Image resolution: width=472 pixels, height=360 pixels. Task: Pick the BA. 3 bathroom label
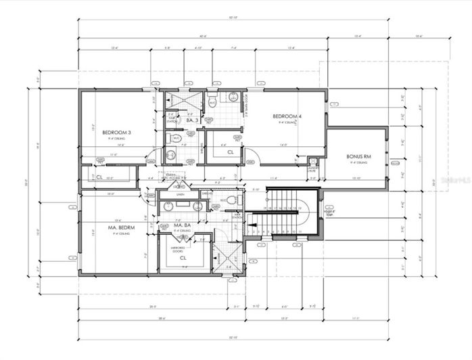tap(182, 120)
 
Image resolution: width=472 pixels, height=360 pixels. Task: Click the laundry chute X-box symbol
tap(312, 162)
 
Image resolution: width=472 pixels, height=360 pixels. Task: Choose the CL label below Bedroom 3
tap(99, 177)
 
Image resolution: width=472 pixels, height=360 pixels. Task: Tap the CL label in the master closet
tap(183, 258)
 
